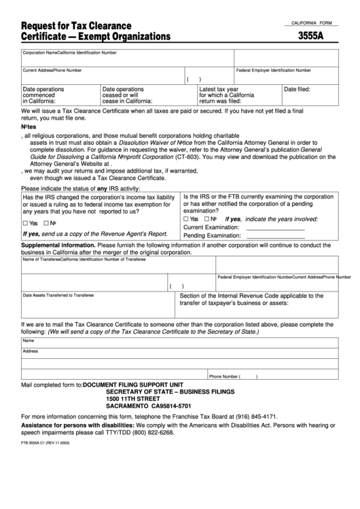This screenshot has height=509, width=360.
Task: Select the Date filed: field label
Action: coord(297,89)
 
